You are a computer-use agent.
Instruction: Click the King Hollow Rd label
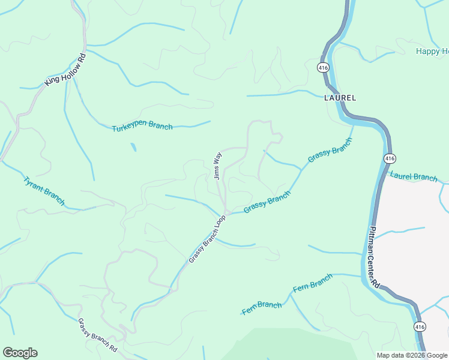[x=66, y=70]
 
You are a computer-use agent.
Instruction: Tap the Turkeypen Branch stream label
[x=142, y=127]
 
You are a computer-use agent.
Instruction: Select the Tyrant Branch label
[x=43, y=190]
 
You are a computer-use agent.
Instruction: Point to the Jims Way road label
[x=218, y=166]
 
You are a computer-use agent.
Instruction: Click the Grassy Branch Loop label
[x=206, y=238]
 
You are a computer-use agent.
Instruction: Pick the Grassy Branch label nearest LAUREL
[x=329, y=150]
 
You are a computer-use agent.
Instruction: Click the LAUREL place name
[x=340, y=97]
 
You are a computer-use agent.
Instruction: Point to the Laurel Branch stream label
[x=414, y=177]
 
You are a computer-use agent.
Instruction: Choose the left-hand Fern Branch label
[x=262, y=308]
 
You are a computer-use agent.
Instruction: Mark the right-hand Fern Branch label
[x=312, y=283]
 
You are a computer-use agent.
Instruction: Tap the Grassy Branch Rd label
[x=97, y=334]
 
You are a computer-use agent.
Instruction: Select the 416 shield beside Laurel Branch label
[x=389, y=158]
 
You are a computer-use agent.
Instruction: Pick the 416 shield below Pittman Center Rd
[x=419, y=327]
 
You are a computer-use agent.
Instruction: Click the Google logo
[x=20, y=353]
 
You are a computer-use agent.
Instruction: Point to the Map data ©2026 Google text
[x=411, y=355]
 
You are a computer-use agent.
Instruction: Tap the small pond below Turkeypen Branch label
[x=133, y=147]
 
